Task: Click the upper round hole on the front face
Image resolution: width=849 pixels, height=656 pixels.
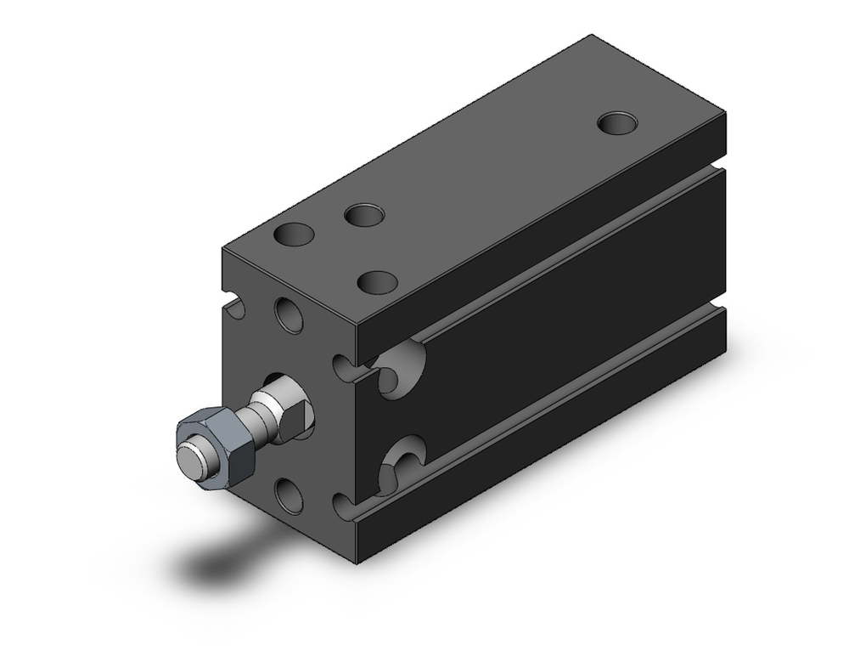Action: pos(289,314)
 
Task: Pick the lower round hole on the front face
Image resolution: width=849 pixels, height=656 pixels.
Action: pos(289,495)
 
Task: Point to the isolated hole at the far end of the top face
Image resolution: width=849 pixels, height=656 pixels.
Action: pos(617,123)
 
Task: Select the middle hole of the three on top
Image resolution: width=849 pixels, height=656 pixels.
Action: pos(363,215)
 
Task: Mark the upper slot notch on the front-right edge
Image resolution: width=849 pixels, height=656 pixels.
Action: pos(344,367)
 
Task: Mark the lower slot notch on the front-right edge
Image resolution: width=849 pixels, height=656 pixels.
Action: pos(344,506)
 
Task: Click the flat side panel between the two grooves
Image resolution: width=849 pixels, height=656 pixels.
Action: pos(577,323)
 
